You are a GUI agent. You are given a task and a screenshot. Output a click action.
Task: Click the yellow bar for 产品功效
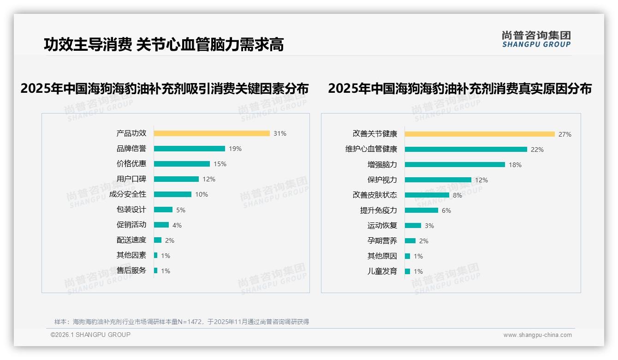(212, 133)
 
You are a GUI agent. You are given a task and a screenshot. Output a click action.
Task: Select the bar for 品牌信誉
(189, 149)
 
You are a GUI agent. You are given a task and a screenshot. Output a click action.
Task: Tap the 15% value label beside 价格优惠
(220, 164)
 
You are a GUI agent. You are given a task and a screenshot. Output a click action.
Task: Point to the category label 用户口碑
(131, 179)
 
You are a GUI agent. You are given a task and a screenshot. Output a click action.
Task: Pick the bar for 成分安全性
(172, 194)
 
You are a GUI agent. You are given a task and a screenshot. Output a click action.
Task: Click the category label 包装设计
(131, 210)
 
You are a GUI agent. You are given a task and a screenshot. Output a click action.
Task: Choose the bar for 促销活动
(161, 225)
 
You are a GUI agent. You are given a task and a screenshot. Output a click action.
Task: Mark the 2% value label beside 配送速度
(170, 240)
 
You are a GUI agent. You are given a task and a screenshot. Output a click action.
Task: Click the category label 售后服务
(131, 270)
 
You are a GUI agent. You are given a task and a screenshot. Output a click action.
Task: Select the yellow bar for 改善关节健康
(480, 134)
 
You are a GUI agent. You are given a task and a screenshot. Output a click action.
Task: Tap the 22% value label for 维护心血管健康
(537, 150)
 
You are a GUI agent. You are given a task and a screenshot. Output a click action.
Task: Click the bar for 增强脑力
(455, 165)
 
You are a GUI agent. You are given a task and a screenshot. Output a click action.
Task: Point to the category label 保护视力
(382, 180)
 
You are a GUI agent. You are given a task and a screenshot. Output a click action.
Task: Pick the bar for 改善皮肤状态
(427, 195)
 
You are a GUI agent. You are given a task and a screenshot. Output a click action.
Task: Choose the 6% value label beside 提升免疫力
(446, 210)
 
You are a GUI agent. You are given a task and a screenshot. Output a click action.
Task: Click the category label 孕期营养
(382, 241)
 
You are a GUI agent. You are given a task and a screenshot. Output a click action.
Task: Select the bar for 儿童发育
(408, 271)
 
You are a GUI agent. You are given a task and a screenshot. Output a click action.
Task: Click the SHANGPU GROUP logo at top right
(536, 39)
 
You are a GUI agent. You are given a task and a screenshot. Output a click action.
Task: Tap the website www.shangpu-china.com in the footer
(537, 335)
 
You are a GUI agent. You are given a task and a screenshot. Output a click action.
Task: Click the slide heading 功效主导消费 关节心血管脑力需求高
(164, 44)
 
